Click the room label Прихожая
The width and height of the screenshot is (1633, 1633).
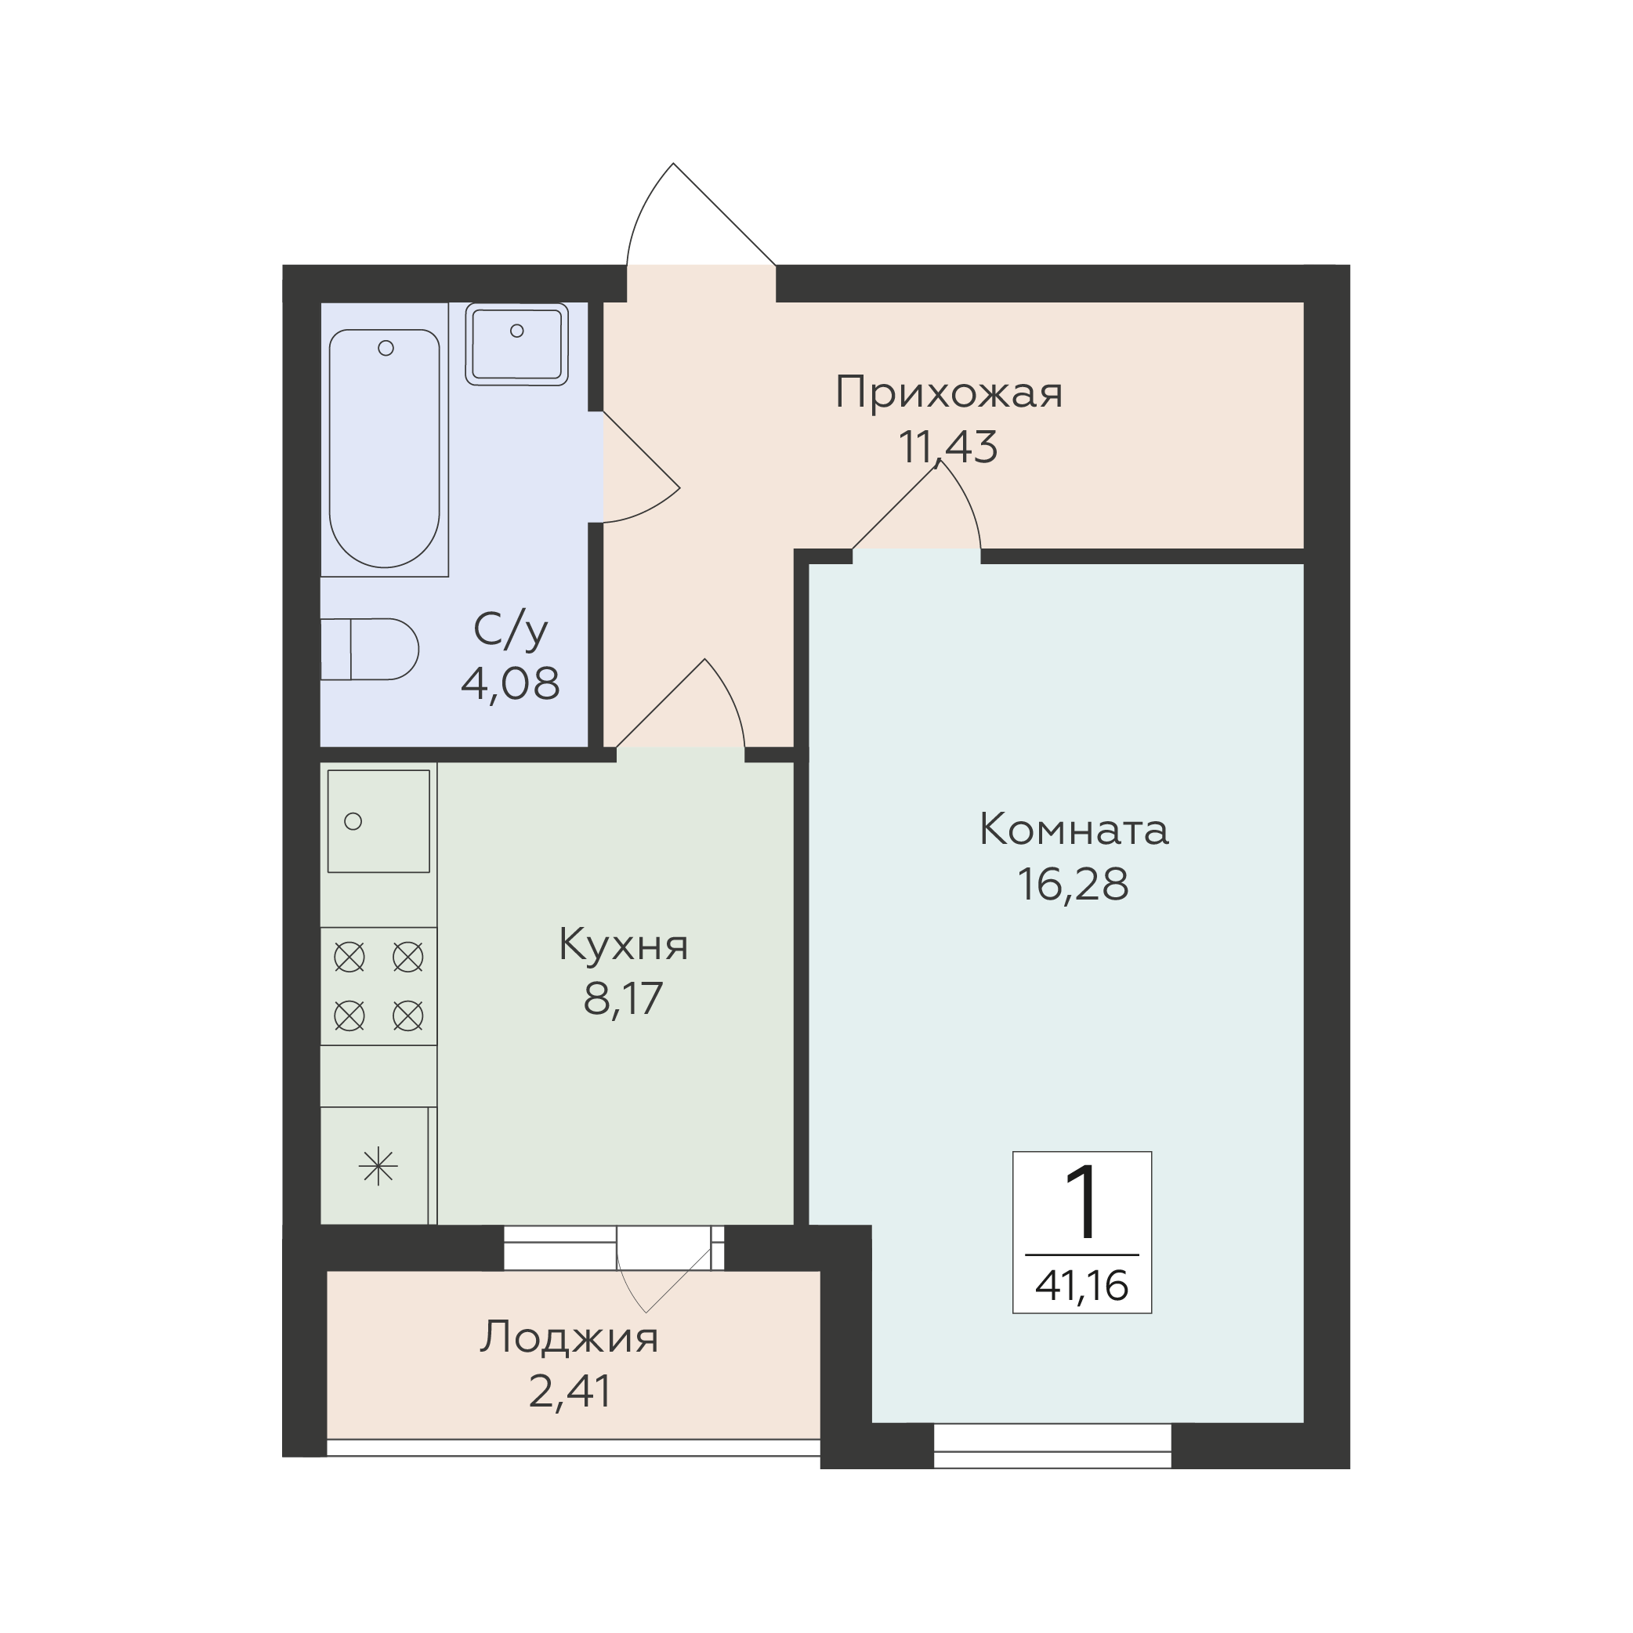click(x=948, y=394)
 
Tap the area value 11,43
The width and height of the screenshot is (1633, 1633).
click(x=947, y=447)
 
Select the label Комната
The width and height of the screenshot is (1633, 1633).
click(x=1074, y=830)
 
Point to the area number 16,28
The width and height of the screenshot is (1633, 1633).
click(x=1073, y=885)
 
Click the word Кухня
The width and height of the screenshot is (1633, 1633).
click(x=624, y=946)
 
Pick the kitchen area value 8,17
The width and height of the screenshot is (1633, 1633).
click(x=623, y=998)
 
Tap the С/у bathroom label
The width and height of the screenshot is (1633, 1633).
click(x=511, y=631)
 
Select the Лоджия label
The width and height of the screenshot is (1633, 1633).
click(x=569, y=1339)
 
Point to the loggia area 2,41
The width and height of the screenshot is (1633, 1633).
click(x=570, y=1391)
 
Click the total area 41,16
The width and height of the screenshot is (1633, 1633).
click(x=1082, y=1286)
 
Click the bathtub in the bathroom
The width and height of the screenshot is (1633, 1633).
click(x=385, y=448)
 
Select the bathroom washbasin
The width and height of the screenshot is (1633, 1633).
click(x=516, y=344)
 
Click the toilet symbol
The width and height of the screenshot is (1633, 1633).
click(x=369, y=649)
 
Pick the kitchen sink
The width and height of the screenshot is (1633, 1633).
click(x=378, y=820)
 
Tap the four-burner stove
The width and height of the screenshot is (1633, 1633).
click(x=378, y=987)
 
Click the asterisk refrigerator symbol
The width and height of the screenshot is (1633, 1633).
click(x=378, y=1167)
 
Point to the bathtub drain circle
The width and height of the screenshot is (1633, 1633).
click(x=386, y=348)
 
